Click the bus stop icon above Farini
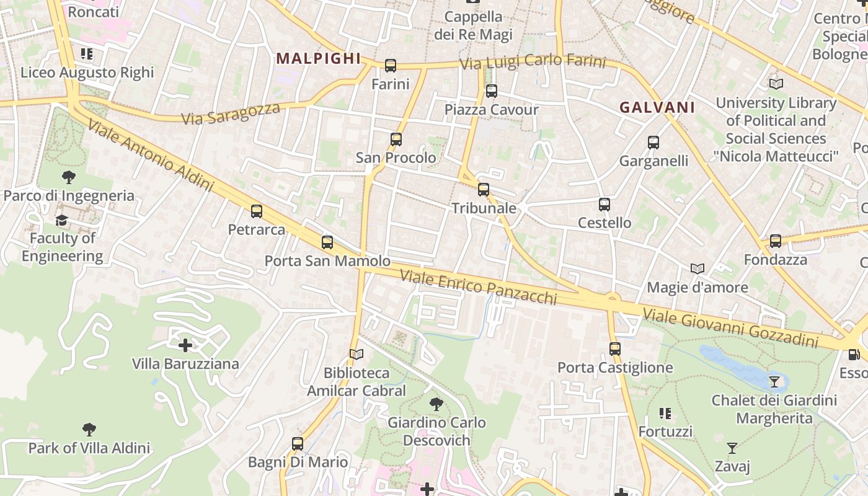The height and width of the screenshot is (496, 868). pyautogui.click(x=391, y=65)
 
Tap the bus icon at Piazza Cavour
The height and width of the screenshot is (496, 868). pyautogui.click(x=492, y=91)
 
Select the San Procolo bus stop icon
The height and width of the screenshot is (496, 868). pyautogui.click(x=396, y=139)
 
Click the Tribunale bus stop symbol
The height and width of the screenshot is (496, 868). pyautogui.click(x=484, y=190)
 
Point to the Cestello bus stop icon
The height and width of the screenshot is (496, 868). pyautogui.click(x=604, y=205)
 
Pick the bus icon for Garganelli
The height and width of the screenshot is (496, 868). pyautogui.click(x=653, y=143)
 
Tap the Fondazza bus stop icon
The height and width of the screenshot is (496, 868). pyautogui.click(x=776, y=241)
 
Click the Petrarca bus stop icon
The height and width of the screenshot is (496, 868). pyautogui.click(x=257, y=211)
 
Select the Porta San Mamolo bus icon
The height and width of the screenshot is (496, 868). pyautogui.click(x=327, y=242)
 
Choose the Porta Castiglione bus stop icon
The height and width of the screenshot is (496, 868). pyautogui.click(x=615, y=349)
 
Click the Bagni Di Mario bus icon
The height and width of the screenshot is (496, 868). pyautogui.click(x=298, y=444)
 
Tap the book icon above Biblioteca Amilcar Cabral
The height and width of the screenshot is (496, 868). pyautogui.click(x=356, y=354)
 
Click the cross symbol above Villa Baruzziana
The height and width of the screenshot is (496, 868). pyautogui.click(x=185, y=345)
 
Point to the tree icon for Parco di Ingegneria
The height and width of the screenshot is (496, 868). pyautogui.click(x=69, y=177)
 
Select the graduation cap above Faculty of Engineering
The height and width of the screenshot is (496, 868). pyautogui.click(x=62, y=220)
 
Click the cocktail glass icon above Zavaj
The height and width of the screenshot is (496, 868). pyautogui.click(x=732, y=448)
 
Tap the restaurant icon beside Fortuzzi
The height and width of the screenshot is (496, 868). pyautogui.click(x=665, y=413)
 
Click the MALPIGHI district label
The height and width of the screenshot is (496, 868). pyautogui.click(x=318, y=58)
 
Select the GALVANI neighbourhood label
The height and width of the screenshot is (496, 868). pyautogui.click(x=657, y=107)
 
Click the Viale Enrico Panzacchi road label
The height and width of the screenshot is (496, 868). pyautogui.click(x=479, y=286)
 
